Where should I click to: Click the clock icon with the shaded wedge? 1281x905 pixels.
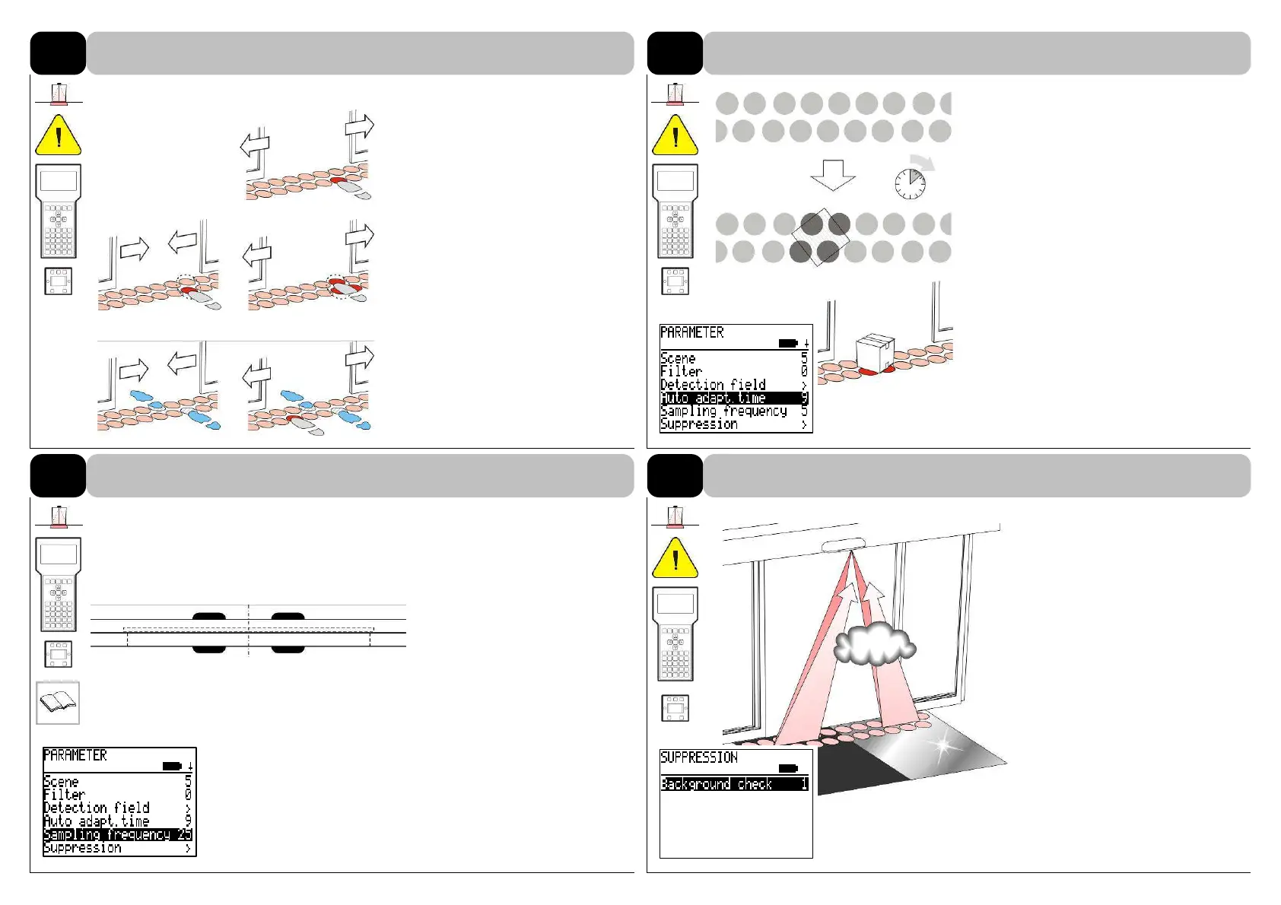pos(910,183)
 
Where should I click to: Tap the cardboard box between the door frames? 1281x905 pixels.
pos(875,352)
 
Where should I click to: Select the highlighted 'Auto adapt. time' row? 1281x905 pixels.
pos(734,398)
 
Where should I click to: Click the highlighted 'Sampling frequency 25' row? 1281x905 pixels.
pos(118,835)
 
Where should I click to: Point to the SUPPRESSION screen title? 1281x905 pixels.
pos(699,757)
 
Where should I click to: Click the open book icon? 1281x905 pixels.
pos(58,703)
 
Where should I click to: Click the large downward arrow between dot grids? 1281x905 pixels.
pos(833,175)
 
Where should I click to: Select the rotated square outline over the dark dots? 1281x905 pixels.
pos(821,237)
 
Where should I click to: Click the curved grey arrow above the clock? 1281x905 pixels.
pos(923,162)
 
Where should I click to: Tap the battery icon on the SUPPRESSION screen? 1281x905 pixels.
pos(788,768)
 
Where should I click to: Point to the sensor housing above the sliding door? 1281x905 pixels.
pos(844,545)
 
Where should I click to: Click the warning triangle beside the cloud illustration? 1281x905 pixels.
pos(675,557)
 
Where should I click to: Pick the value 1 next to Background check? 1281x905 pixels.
pos(804,784)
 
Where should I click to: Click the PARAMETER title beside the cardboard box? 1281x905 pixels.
pos(692,333)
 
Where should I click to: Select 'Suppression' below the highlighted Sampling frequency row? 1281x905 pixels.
pos(82,848)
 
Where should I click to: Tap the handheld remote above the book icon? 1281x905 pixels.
pos(59,584)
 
